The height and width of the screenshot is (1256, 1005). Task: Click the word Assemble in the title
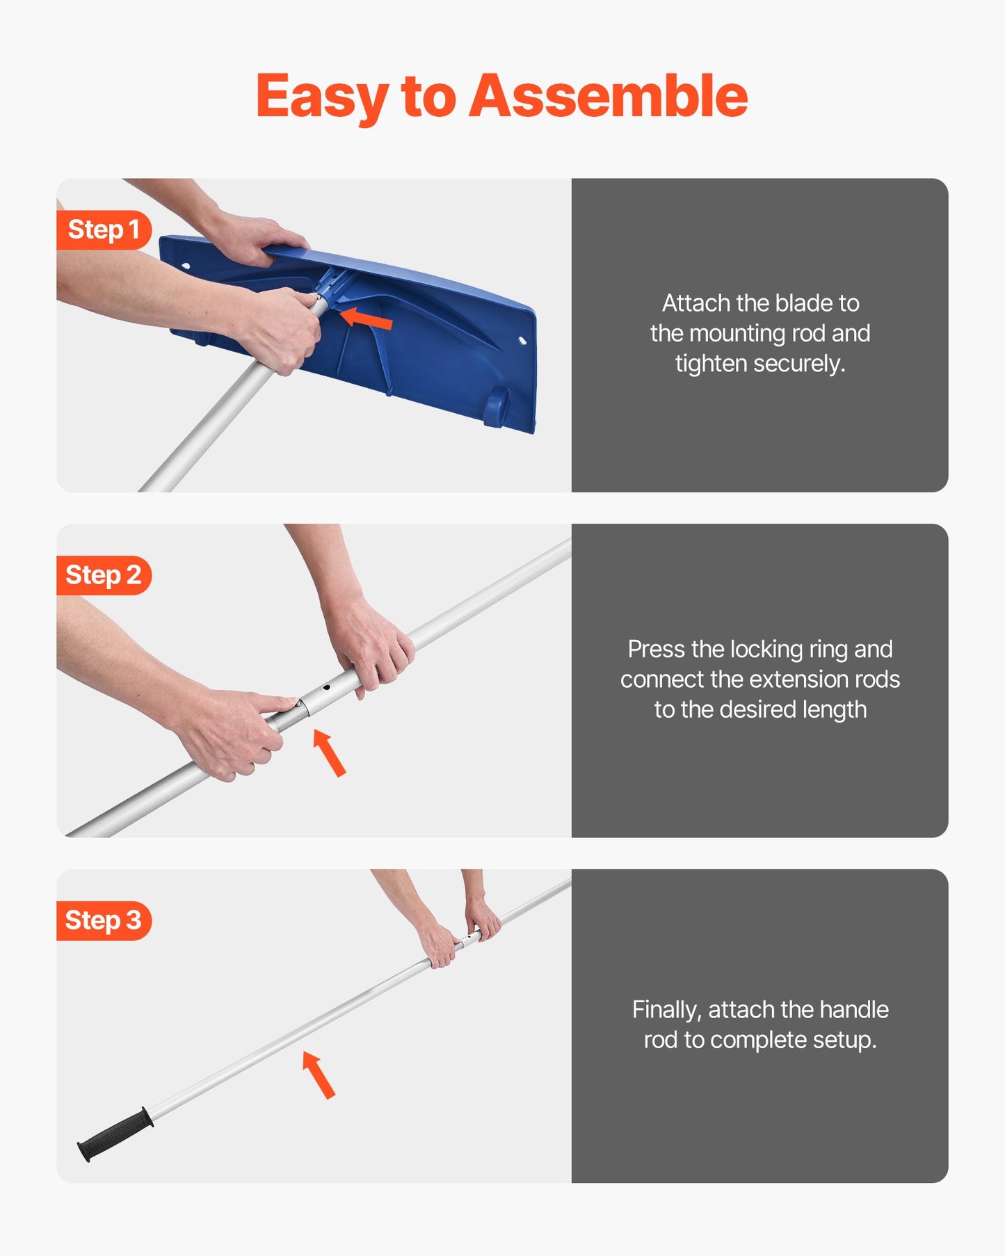coord(608,96)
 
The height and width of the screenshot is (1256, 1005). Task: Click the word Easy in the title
coord(321,97)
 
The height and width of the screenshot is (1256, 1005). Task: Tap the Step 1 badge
coord(104,230)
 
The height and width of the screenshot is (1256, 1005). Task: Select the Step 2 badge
coord(104,575)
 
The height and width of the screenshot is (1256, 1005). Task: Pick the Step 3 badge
coord(104,920)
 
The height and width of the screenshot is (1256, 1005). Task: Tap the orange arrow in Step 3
coord(319,1074)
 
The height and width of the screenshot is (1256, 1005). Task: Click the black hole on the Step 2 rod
coord(326,687)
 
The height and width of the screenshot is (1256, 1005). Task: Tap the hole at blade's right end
coord(522,340)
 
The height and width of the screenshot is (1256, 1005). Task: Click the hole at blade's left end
coord(186,266)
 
